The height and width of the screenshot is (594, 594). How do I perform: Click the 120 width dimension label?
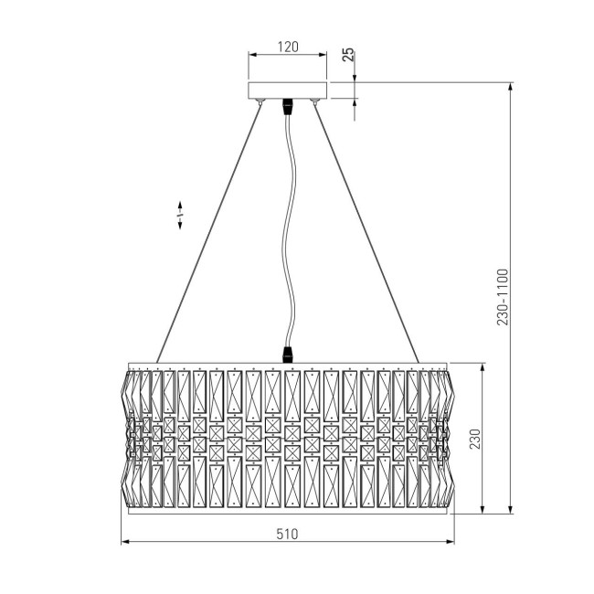pyautogui.click(x=288, y=46)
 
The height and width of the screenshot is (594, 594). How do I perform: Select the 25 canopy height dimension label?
pyautogui.click(x=348, y=55)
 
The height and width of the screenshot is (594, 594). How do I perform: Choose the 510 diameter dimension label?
pyautogui.click(x=288, y=533)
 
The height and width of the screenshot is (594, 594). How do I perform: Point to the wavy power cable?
pyautogui.click(x=291, y=228)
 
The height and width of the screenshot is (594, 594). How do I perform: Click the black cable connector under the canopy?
pyautogui.click(x=288, y=107)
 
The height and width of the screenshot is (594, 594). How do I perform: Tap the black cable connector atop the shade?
pyautogui.click(x=290, y=352)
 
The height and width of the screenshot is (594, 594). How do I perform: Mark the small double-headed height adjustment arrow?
pyautogui.click(x=180, y=215)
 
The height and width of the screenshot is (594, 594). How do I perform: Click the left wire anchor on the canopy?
pyautogui.click(x=261, y=101)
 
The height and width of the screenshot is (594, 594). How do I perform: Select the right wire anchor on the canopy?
pyautogui.click(x=315, y=101)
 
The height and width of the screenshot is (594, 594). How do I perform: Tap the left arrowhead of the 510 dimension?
pyautogui.click(x=125, y=543)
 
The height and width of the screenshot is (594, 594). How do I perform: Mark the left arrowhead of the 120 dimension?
pyautogui.click(x=253, y=57)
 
